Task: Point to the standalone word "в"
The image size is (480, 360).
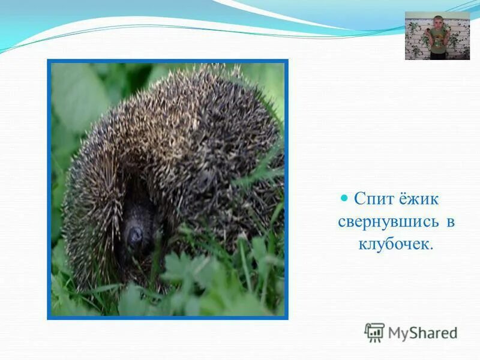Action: click(x=449, y=222)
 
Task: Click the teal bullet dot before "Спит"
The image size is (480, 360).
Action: click(x=344, y=198)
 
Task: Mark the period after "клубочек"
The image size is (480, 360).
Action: click(x=430, y=248)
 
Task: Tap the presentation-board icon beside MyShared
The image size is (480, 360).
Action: click(x=374, y=332)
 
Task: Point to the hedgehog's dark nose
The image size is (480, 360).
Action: click(x=134, y=233)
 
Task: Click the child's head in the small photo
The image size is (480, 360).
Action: click(x=437, y=22)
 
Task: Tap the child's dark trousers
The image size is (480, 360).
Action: click(x=438, y=55)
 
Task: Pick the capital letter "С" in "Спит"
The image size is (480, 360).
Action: click(x=359, y=199)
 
